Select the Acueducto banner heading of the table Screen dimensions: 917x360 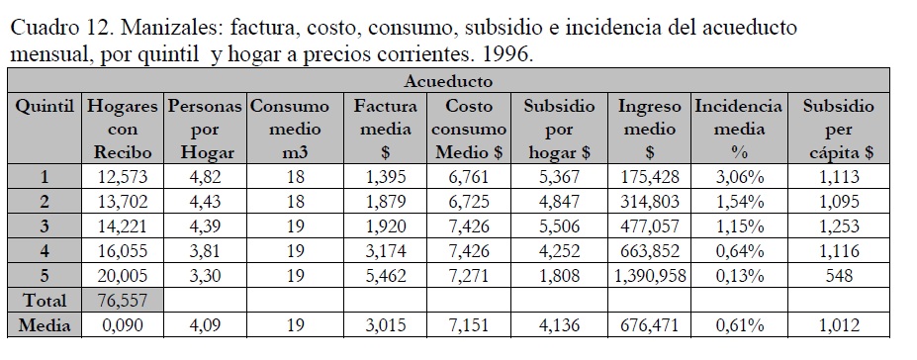(x=448, y=81)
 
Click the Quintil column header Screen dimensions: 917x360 (x=45, y=107)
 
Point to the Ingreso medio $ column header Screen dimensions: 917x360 (x=650, y=130)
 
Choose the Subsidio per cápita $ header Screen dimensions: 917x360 (x=839, y=130)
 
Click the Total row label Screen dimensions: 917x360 (x=45, y=301)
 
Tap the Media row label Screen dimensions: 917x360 (x=45, y=325)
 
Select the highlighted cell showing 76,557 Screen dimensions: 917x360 (x=123, y=301)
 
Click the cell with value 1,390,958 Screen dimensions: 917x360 (x=650, y=275)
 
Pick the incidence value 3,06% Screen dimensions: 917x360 (x=740, y=176)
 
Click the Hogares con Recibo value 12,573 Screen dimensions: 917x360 (x=123, y=176)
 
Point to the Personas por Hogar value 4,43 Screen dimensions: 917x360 (x=206, y=202)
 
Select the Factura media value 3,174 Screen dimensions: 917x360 (x=386, y=251)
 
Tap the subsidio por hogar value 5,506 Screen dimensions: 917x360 (x=559, y=226)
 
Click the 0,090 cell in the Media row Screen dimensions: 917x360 (x=123, y=325)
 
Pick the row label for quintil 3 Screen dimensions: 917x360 (x=45, y=226)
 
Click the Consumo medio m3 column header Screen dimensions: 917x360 (x=296, y=130)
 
